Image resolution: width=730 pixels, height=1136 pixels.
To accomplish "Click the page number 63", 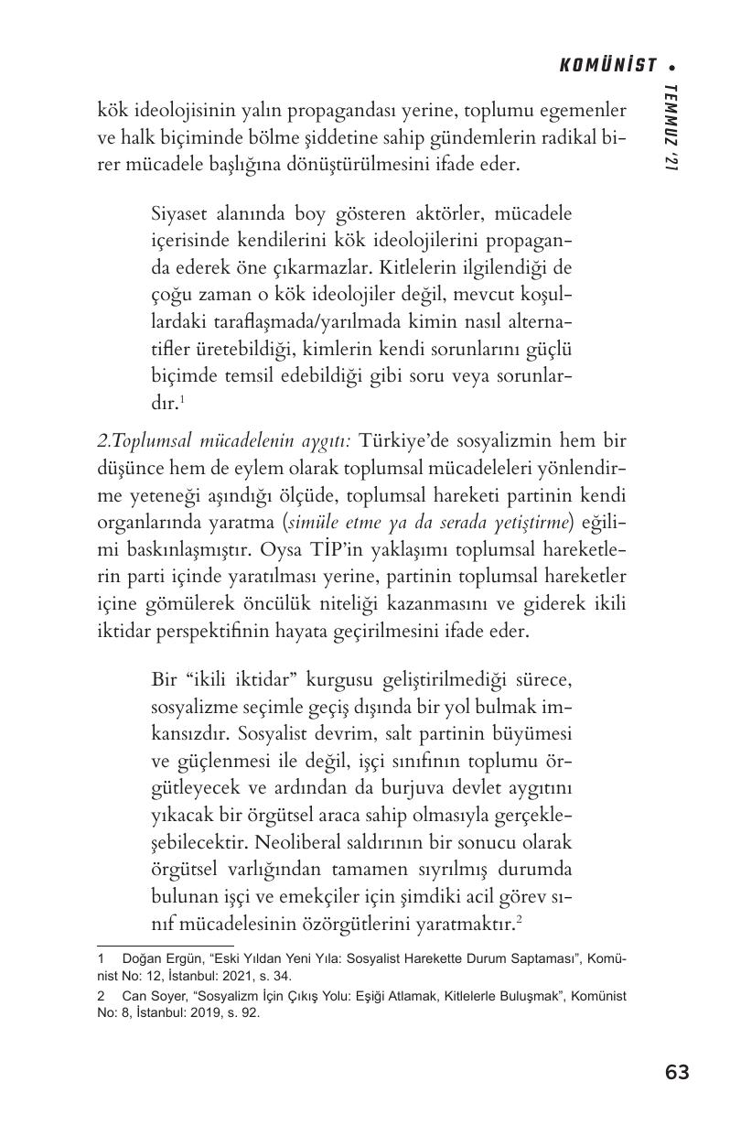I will [677, 1072].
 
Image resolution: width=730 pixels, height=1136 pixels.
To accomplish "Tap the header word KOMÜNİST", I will [608, 65].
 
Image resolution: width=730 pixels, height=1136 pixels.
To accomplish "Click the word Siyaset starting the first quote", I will [179, 214].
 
